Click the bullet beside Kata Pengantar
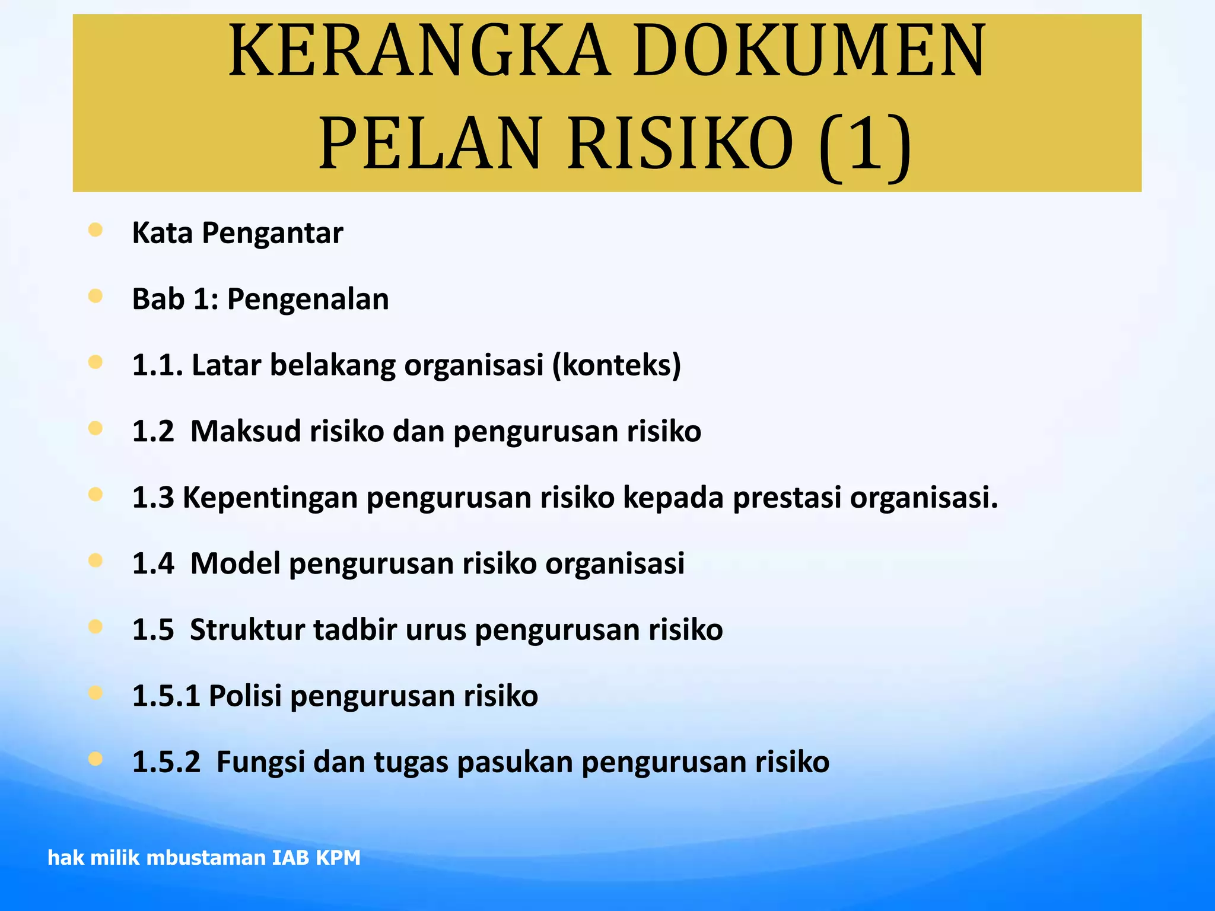[96, 230]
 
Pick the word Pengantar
[272, 233]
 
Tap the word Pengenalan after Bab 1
[308, 299]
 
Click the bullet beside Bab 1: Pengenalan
[96, 296]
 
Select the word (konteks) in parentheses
[616, 365]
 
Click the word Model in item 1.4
[235, 563]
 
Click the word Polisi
[245, 696]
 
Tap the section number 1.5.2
[166, 762]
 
